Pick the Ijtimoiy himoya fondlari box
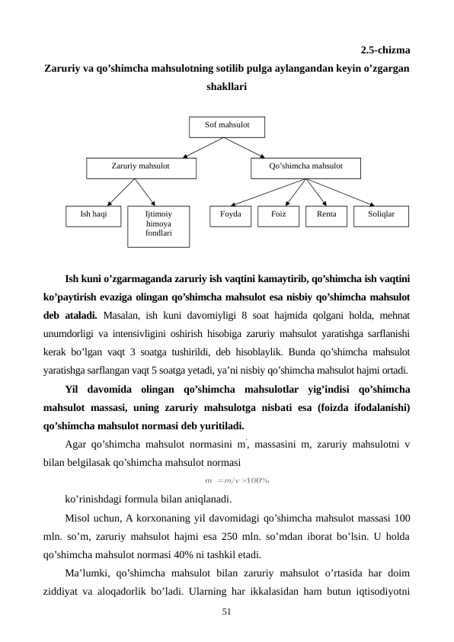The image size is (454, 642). click(158, 226)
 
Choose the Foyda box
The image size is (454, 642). click(230, 216)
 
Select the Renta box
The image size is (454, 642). click(326, 216)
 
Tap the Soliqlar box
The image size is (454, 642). click(381, 216)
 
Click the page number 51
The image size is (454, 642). click(226, 612)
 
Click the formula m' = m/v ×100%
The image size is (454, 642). click(238, 480)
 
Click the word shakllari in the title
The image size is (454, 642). click(226, 87)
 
